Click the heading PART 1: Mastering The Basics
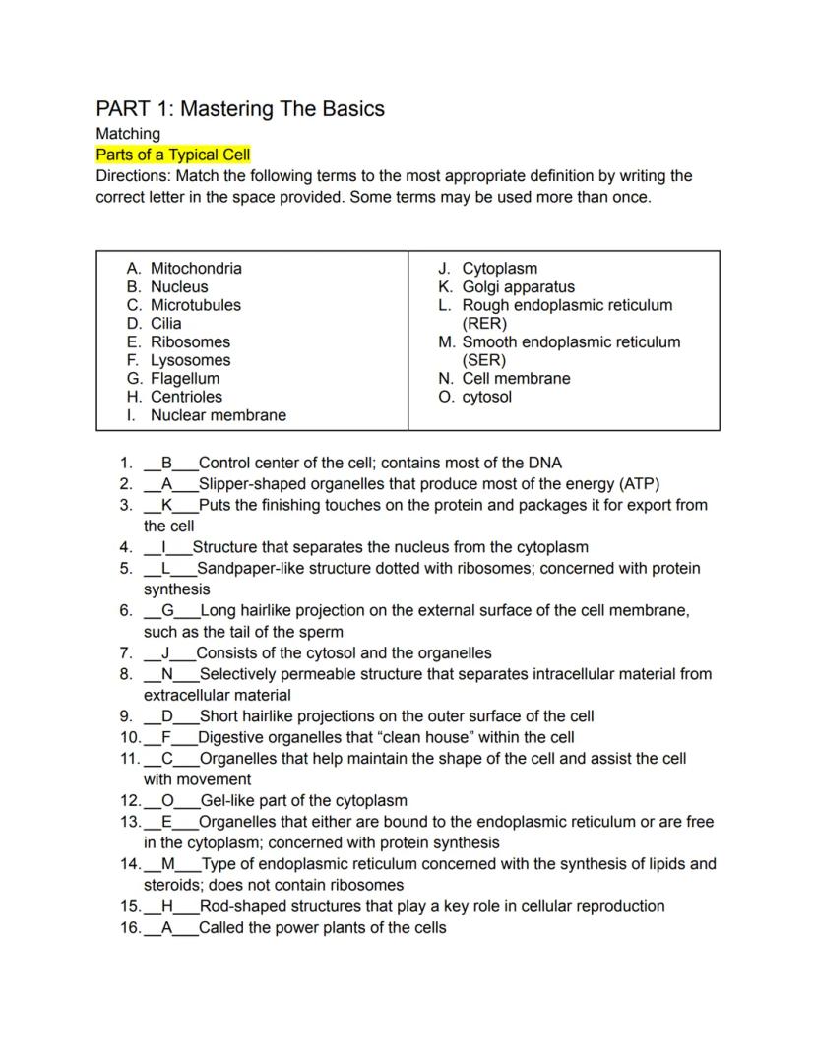click(239, 109)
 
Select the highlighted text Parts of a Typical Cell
click(173, 155)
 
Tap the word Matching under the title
click(128, 134)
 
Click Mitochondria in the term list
click(196, 269)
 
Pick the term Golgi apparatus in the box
click(518, 287)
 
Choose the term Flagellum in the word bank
click(185, 379)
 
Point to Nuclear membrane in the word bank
click(218, 415)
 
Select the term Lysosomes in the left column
click(190, 360)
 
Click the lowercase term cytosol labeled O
click(486, 398)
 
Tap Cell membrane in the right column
click(516, 379)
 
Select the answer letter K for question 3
click(166, 506)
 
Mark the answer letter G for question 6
click(167, 611)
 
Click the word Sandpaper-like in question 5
click(249, 569)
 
